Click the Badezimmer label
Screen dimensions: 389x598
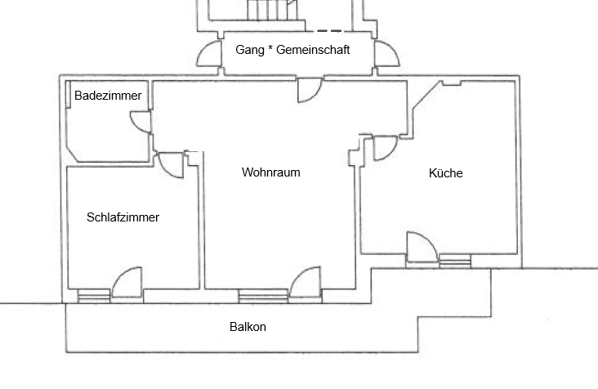[x=108, y=96]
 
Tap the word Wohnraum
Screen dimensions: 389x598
[x=271, y=172]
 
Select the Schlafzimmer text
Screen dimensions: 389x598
[x=123, y=217]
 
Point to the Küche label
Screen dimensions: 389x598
[x=446, y=173]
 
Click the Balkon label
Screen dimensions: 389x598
[x=248, y=327]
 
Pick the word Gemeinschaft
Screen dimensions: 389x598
[x=313, y=50]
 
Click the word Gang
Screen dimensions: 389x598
[x=249, y=50]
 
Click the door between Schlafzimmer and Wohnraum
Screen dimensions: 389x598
[x=172, y=164]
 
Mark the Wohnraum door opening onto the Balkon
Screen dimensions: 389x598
[x=306, y=282]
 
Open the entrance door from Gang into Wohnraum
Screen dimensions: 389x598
[x=310, y=89]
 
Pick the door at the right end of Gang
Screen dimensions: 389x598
[x=386, y=54]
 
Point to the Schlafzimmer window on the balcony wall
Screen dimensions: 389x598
[x=93, y=297]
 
